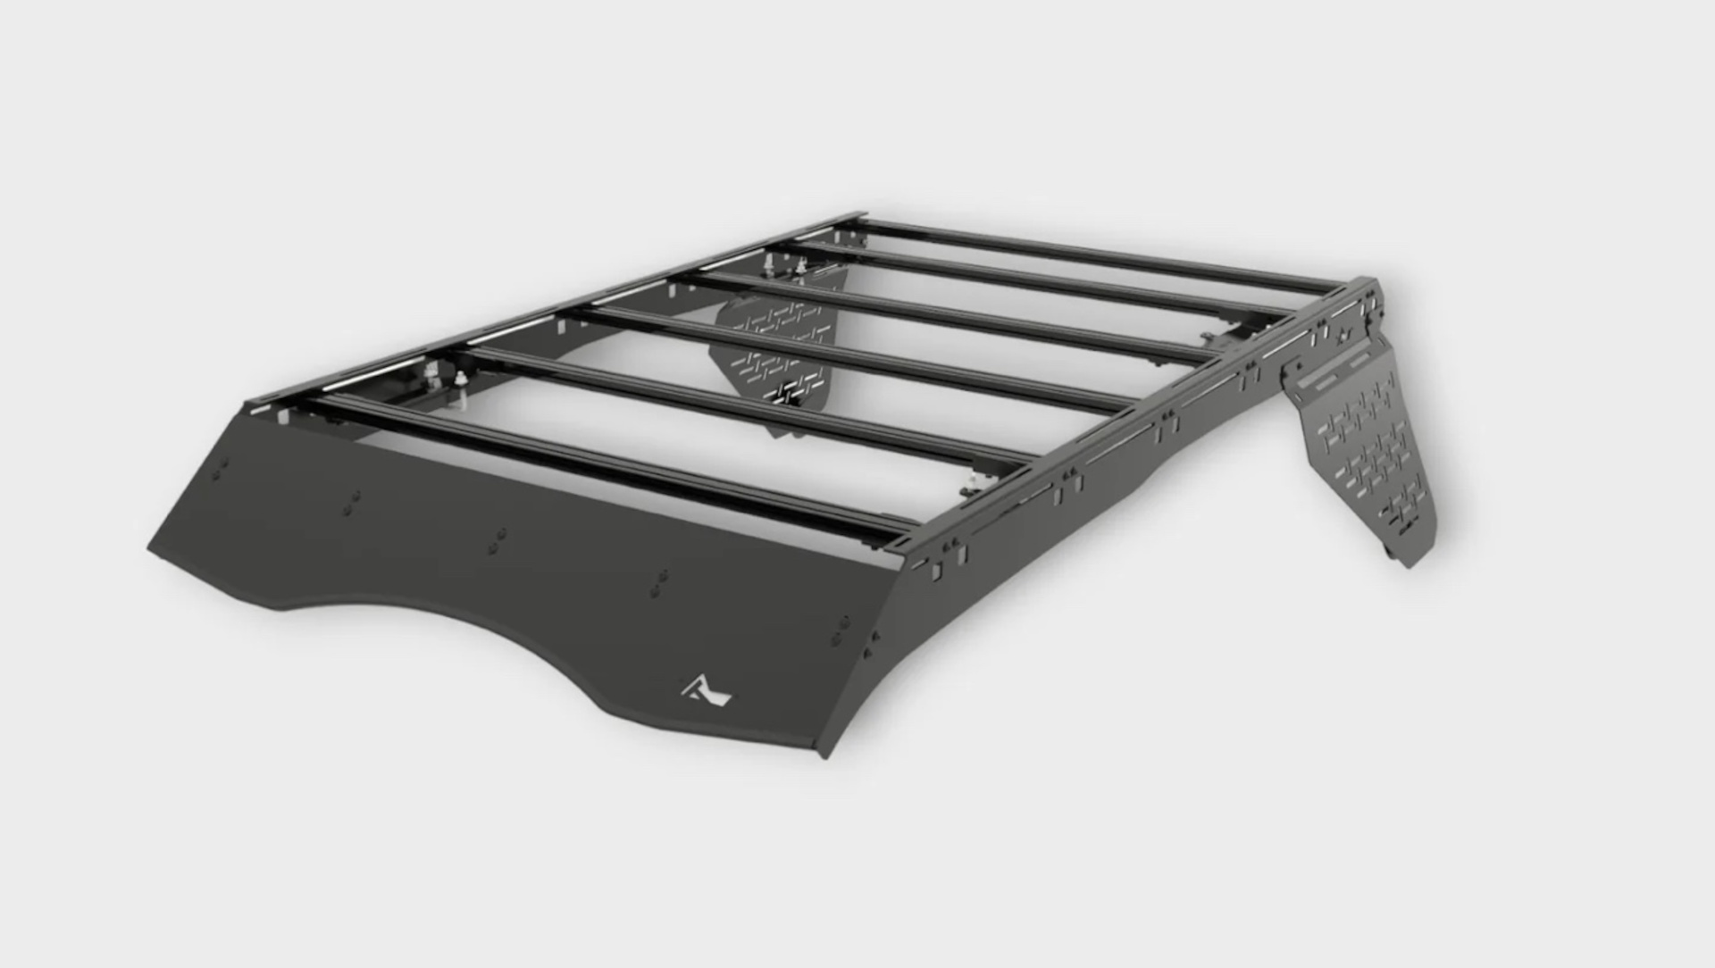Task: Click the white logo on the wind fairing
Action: (707, 689)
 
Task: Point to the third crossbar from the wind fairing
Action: (840, 357)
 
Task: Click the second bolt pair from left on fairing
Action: (355, 502)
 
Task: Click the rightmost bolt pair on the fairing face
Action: (840, 630)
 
